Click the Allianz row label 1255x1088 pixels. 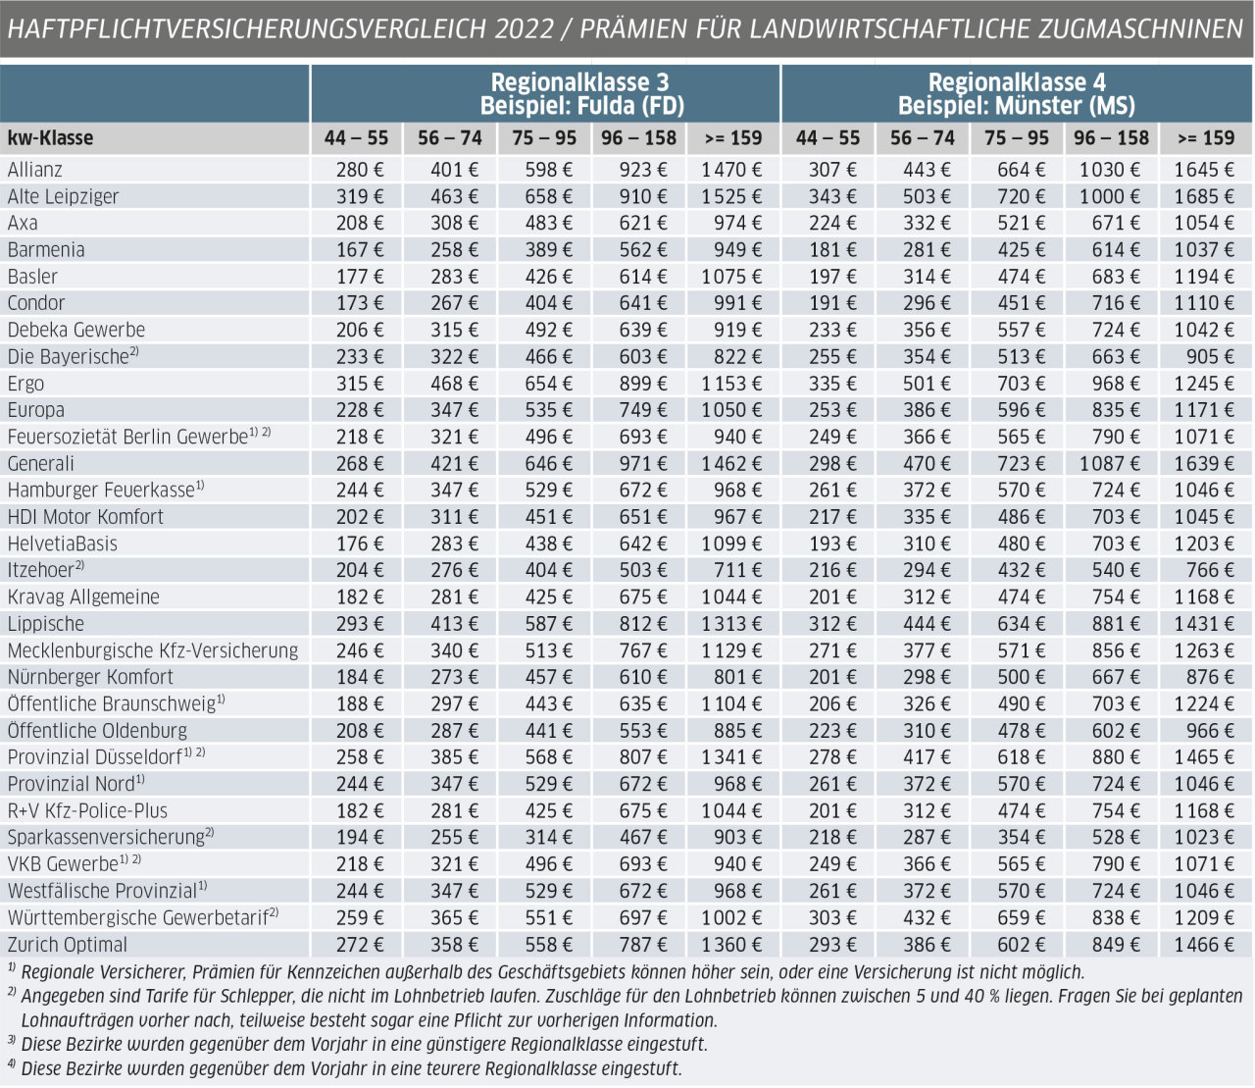(x=34, y=170)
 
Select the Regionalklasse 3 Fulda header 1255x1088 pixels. (x=581, y=94)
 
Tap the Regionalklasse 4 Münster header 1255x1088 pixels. (x=1017, y=94)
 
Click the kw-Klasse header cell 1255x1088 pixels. (x=50, y=138)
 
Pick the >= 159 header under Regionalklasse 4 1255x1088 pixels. (x=1206, y=138)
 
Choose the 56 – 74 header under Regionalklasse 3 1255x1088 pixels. (x=449, y=138)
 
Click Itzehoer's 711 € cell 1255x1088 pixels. (x=737, y=570)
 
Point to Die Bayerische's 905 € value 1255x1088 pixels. (x=1210, y=356)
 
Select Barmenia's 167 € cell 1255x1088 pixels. (x=360, y=249)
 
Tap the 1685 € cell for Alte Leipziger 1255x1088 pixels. (x=1204, y=196)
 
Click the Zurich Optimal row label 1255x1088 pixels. (x=68, y=945)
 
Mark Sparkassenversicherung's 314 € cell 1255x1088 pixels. (x=549, y=837)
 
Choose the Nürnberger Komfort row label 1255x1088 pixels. (x=90, y=677)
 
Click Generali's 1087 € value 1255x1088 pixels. (x=1109, y=463)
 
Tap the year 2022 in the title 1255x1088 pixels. (x=524, y=28)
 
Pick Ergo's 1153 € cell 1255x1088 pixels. (x=731, y=384)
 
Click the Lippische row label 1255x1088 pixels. (x=45, y=624)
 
